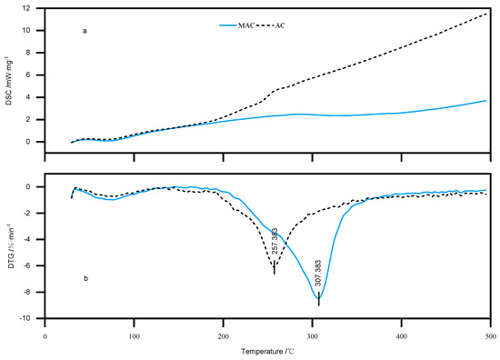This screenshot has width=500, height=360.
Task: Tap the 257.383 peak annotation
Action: point(274,242)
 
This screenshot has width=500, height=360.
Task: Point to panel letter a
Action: point(85,32)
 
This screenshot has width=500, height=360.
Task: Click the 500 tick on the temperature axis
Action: point(489,333)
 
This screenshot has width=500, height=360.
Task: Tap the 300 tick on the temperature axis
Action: point(312,333)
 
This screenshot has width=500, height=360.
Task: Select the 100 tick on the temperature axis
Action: point(134,333)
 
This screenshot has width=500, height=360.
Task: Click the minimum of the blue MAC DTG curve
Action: point(318,298)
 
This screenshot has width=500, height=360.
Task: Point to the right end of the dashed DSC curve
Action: point(488,14)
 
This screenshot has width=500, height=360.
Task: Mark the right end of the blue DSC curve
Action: point(488,100)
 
